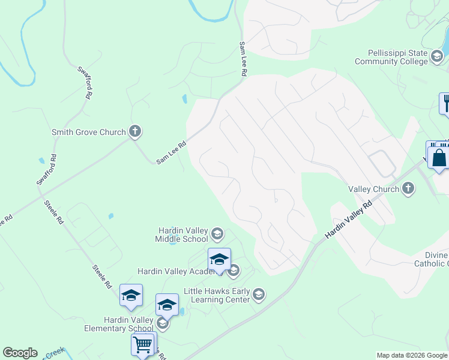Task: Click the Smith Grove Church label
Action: (89, 132)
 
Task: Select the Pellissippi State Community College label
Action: (391, 57)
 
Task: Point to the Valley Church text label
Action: (374, 189)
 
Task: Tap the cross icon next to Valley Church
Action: (408, 189)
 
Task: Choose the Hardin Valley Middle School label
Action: (182, 235)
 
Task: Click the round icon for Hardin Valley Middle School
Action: (217, 233)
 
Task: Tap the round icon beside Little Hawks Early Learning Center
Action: (258, 294)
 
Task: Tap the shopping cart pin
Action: (142, 344)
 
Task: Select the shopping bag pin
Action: (439, 157)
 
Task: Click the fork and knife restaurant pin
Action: (445, 103)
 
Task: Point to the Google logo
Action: (20, 353)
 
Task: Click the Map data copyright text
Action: (412, 355)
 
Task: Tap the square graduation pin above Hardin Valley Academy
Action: (219, 259)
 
